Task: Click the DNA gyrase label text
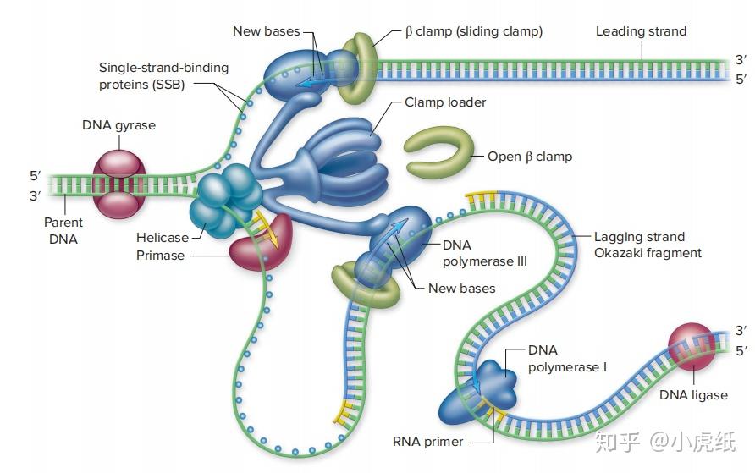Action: coord(118,125)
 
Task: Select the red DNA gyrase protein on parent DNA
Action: coord(119,183)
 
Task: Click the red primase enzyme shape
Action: coord(257,244)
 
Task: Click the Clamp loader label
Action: coord(445,102)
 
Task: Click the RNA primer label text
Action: coord(427,441)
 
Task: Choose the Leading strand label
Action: coord(641,31)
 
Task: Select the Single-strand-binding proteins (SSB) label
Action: coord(152,75)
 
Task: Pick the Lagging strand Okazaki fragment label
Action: coord(647,245)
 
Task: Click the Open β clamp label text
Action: coord(529,157)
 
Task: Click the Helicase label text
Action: coord(163,238)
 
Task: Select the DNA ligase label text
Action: coord(693,395)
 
